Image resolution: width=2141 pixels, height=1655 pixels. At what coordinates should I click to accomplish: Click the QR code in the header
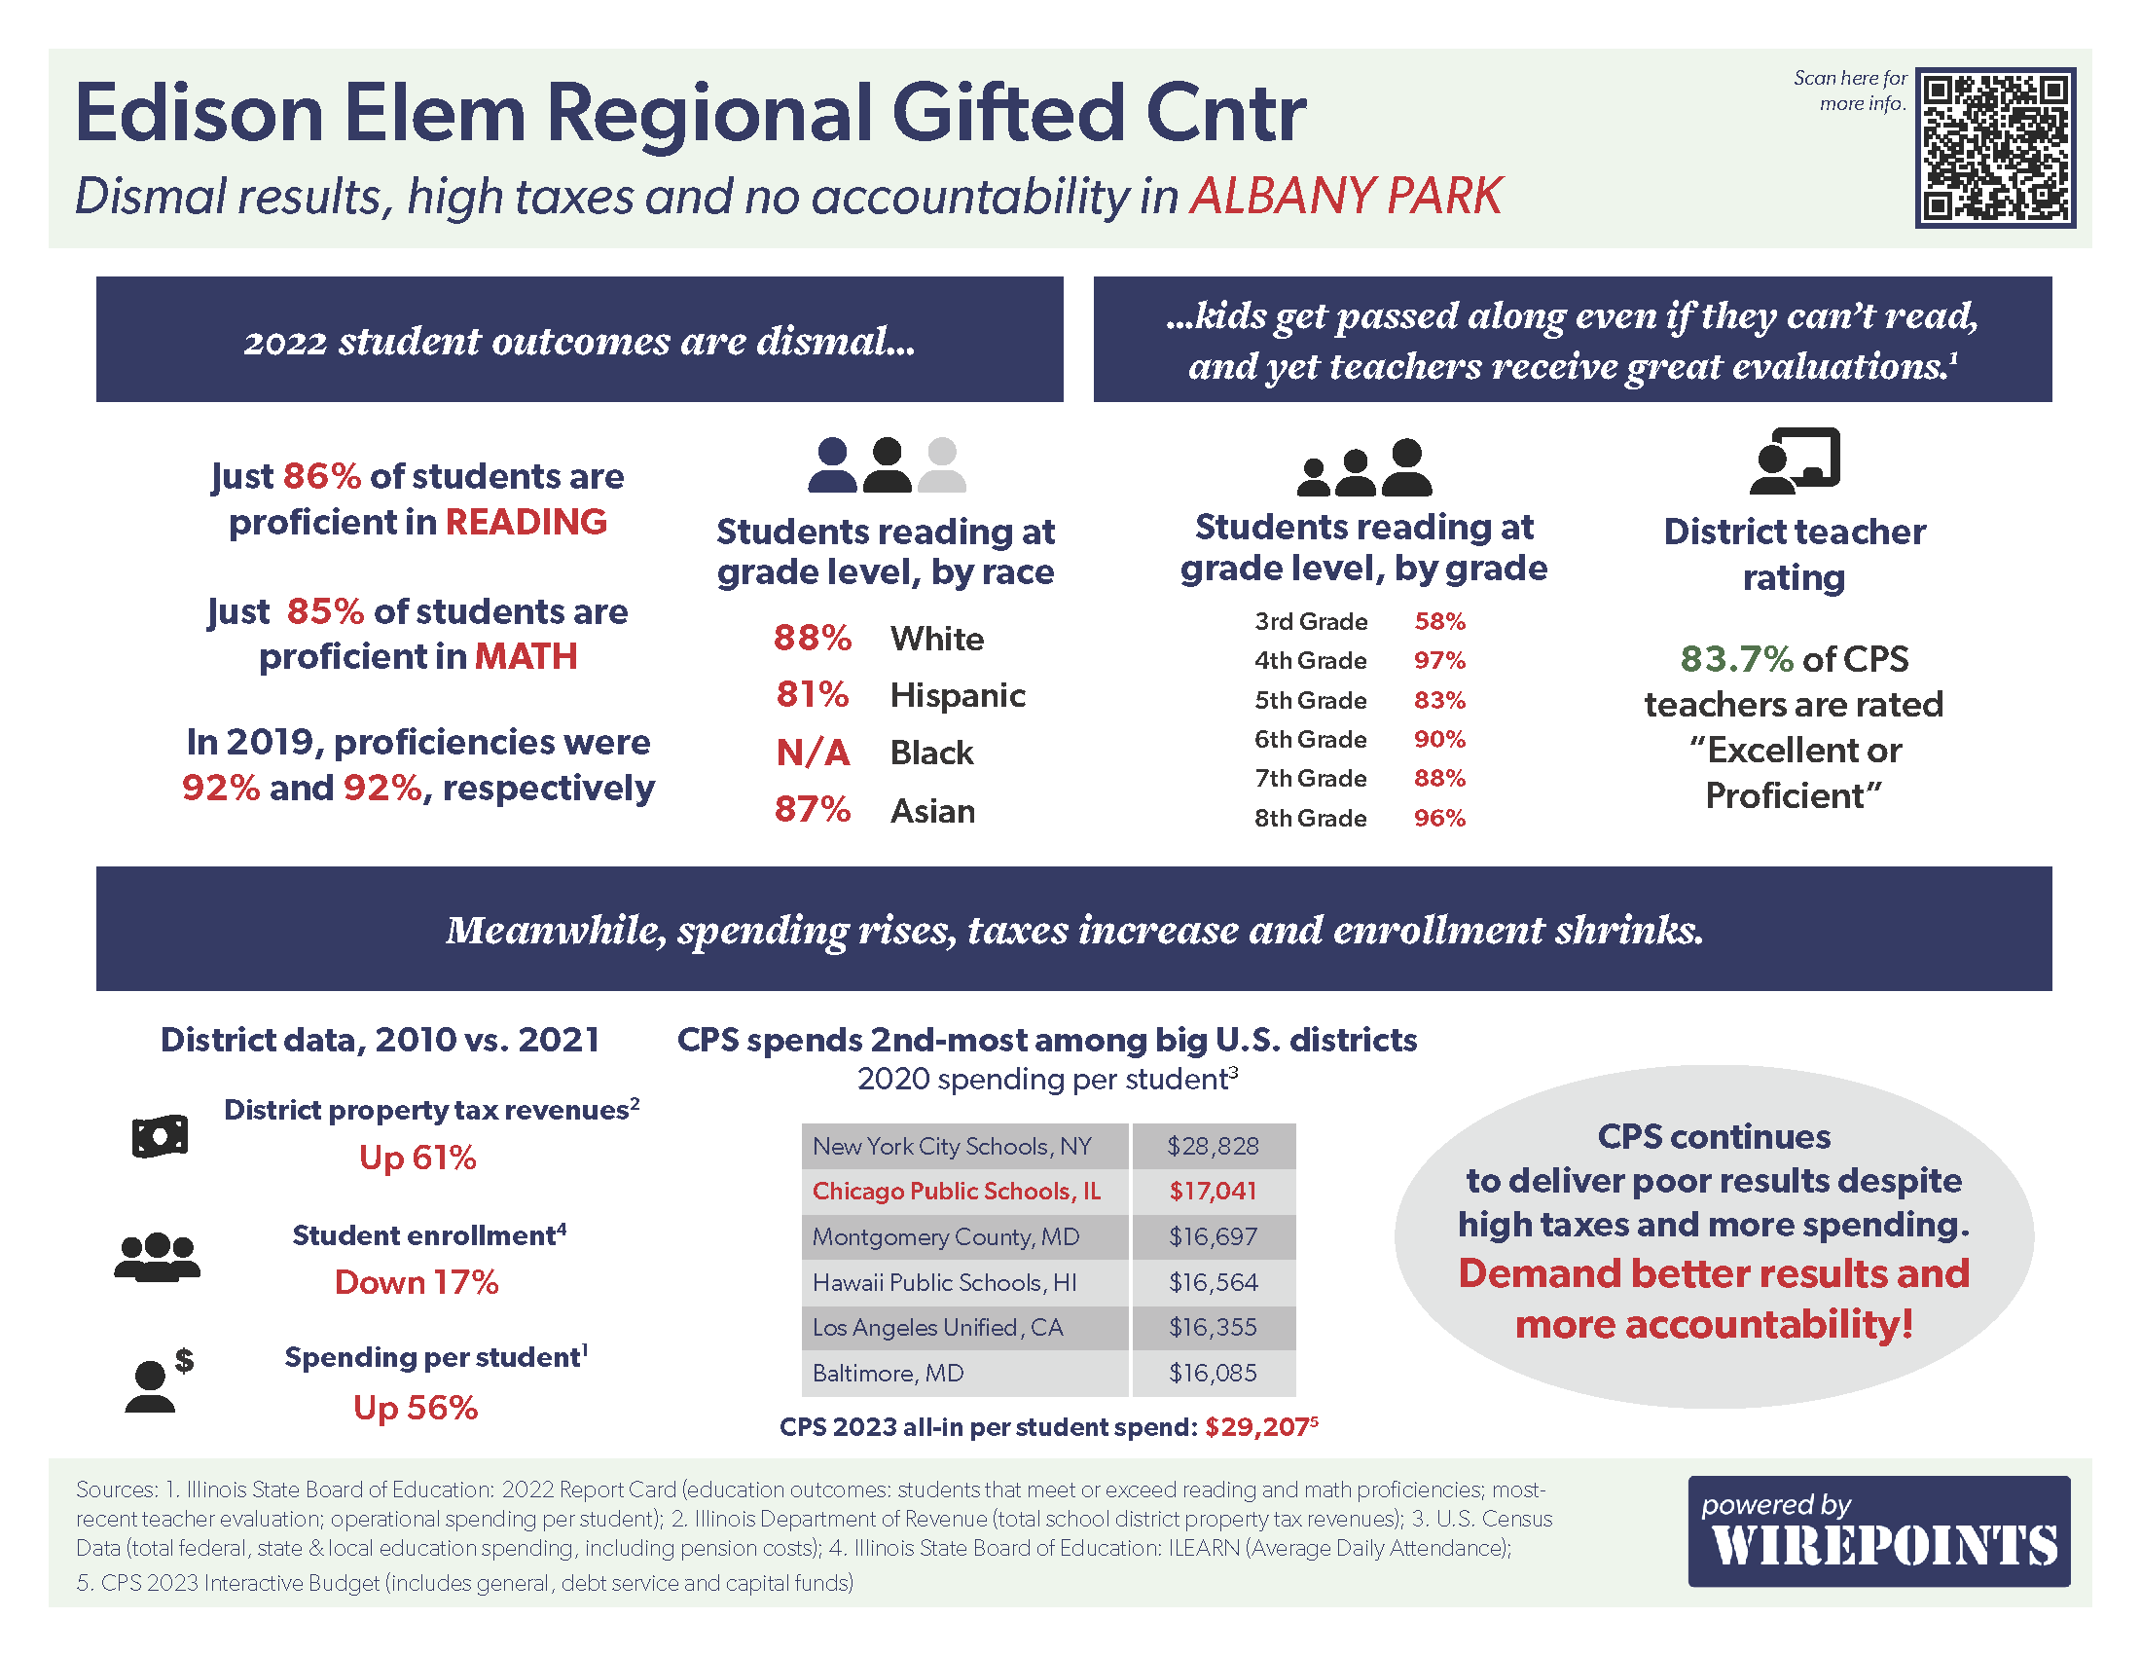point(1995,147)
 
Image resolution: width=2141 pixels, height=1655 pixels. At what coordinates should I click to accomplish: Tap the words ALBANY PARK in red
point(1345,196)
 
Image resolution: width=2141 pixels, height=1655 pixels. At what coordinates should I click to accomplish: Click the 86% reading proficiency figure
point(322,476)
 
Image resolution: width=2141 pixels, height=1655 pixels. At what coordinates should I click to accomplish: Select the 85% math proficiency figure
point(325,611)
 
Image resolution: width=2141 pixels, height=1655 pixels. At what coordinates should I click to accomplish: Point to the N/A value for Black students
point(813,753)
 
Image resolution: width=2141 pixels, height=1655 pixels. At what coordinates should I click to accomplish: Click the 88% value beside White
point(812,639)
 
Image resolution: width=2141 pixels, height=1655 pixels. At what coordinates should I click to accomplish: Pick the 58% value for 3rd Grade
point(1438,622)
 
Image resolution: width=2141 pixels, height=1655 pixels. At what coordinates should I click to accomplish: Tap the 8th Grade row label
point(1310,818)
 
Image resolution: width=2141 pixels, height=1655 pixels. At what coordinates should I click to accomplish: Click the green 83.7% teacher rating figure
point(1736,659)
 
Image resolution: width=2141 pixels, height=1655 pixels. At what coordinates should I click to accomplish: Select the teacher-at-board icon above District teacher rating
point(1794,460)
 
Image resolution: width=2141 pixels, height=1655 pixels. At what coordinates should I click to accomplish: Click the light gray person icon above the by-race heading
point(942,464)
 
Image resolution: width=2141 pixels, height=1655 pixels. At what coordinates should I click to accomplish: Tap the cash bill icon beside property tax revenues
point(160,1136)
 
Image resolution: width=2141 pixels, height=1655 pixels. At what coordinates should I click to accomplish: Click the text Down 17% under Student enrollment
point(417,1282)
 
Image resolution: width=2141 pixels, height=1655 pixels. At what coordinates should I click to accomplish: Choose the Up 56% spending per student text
point(416,1408)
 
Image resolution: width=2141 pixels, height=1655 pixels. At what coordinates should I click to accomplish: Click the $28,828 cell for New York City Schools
point(1213,1146)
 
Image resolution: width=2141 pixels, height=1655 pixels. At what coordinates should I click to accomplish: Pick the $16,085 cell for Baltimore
point(1213,1373)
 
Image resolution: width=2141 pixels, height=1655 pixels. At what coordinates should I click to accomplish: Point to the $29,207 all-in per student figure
point(1257,1427)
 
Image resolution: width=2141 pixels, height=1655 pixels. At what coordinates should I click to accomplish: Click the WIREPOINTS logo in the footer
point(1878,1531)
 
